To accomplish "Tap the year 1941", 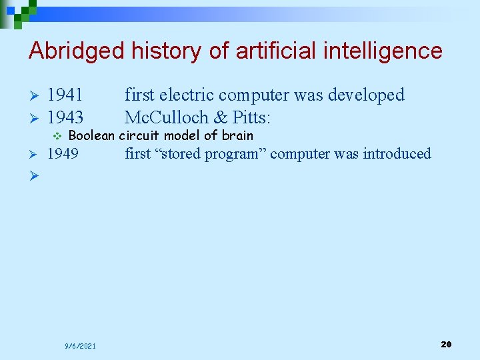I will coord(65,95).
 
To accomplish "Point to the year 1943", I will coord(65,118).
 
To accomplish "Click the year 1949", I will coord(63,154).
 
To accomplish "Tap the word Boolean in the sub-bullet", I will coord(92,136).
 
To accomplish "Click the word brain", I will coord(237,136).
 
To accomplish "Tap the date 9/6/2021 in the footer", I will coord(80,346).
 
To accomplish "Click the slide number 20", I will coord(446,344).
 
